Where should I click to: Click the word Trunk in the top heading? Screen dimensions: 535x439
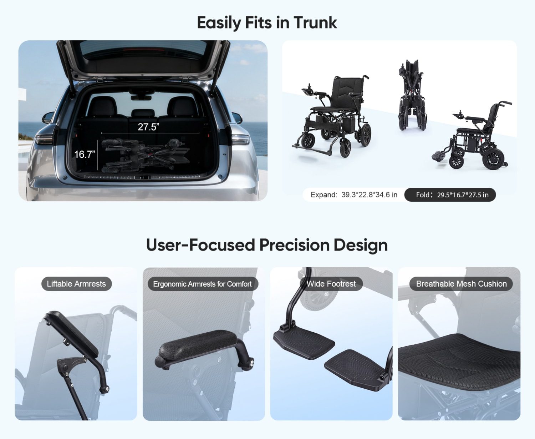click(x=315, y=23)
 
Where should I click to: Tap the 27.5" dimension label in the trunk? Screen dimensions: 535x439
click(x=148, y=127)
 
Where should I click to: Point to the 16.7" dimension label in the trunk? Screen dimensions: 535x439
click(x=85, y=154)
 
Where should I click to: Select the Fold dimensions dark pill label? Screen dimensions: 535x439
click(x=450, y=195)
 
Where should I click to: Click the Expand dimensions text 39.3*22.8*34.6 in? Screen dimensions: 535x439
click(x=370, y=195)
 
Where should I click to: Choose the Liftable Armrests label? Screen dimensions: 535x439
click(x=76, y=284)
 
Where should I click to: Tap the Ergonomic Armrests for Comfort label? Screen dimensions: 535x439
click(x=203, y=284)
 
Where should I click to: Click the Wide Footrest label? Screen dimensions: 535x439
click(x=331, y=284)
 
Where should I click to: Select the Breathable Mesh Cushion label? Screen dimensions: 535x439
click(x=461, y=284)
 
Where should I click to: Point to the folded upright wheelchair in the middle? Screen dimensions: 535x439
click(x=412, y=95)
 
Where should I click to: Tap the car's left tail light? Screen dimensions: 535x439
click(x=44, y=140)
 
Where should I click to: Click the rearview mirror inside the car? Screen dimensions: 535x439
click(x=141, y=97)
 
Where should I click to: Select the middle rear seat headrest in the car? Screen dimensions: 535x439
click(x=143, y=113)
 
